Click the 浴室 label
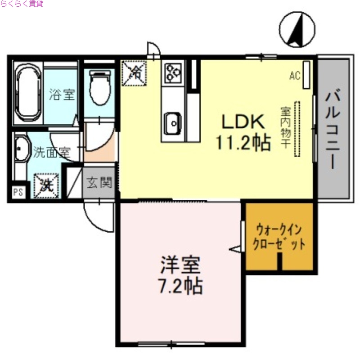[62, 95]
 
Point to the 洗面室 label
[51, 152]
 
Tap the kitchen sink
[172, 121]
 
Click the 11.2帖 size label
[243, 143]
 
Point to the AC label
[294, 76]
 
